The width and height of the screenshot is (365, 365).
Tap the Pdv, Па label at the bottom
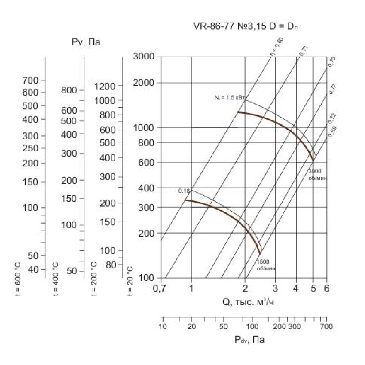coord(250,340)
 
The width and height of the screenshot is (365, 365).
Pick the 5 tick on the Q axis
coord(313,288)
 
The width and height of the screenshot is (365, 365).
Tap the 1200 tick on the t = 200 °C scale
coord(105,87)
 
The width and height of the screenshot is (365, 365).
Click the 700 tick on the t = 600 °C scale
coord(30,80)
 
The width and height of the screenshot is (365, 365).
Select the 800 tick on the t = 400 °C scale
coord(69,90)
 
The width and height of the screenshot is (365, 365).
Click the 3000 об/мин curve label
coord(317,174)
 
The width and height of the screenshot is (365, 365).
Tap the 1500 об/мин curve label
coord(265,265)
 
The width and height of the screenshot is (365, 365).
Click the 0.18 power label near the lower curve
coord(184,191)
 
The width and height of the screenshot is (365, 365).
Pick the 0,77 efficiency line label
coord(332,89)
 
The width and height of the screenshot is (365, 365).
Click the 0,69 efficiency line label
coord(332,131)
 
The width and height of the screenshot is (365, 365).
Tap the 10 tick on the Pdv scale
coord(163,326)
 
